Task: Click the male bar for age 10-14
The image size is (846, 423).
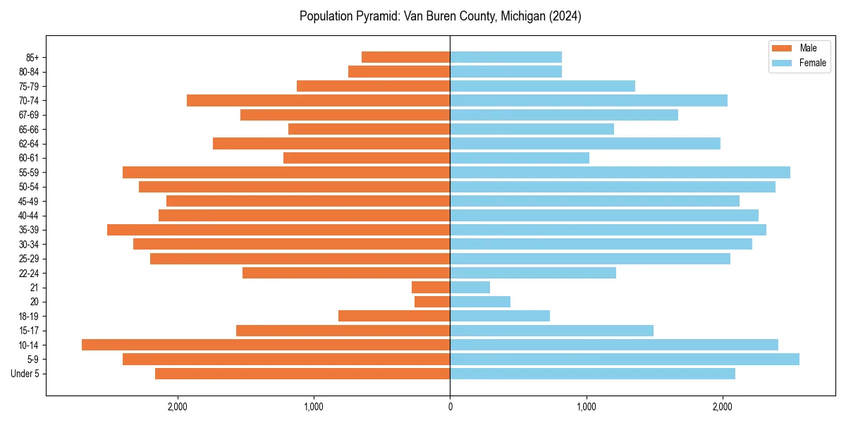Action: click(266, 345)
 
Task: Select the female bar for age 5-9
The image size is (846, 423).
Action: click(625, 360)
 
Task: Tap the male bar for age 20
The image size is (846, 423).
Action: click(432, 302)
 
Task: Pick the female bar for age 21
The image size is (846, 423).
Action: click(470, 288)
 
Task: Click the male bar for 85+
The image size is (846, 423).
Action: click(405, 57)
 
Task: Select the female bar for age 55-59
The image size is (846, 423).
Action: click(620, 173)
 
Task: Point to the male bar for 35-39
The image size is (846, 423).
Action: click(278, 230)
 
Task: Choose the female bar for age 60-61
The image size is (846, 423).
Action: click(520, 158)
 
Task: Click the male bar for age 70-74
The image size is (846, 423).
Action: click(318, 101)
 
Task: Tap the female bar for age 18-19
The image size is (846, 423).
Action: click(500, 316)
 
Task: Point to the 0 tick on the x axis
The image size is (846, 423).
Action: click(450, 407)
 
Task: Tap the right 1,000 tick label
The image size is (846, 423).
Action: click(586, 407)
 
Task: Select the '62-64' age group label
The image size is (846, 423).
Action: click(28, 144)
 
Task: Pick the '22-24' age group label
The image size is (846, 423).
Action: click(28, 274)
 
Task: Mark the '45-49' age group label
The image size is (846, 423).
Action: click(28, 202)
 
